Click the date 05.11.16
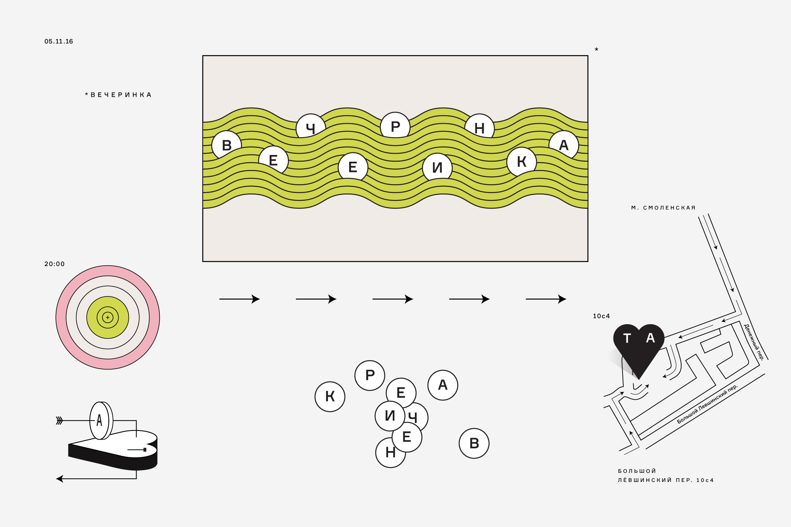[59, 42]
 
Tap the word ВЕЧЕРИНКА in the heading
[121, 95]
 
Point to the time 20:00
[54, 264]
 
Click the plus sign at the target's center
[108, 317]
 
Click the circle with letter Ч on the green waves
[310, 127]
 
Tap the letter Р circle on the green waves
[395, 126]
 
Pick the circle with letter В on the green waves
[227, 145]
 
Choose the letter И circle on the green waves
[437, 167]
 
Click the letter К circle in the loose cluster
[330, 397]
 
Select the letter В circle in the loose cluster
[474, 443]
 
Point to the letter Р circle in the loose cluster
[370, 375]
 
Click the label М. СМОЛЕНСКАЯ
[663, 208]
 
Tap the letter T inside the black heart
[627, 338]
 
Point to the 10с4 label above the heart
[601, 316]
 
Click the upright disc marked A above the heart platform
[99, 420]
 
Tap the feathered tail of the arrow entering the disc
[60, 420]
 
